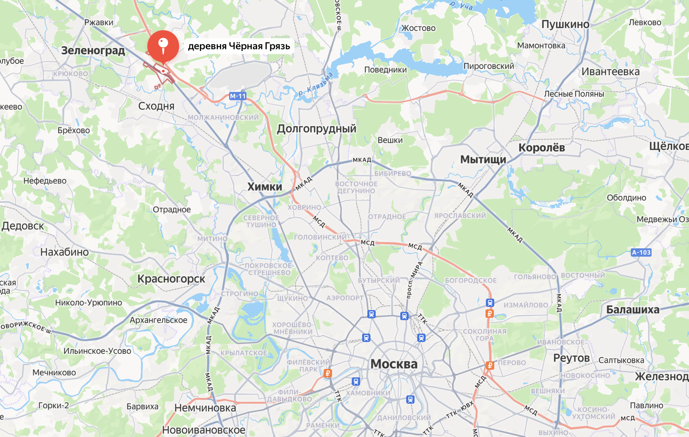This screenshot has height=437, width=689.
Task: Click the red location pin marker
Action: tap(163, 45)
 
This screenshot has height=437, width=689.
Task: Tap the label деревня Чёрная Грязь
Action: tap(239, 46)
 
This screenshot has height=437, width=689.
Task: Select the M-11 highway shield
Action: tap(238, 96)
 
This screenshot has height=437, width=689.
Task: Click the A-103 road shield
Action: tap(641, 252)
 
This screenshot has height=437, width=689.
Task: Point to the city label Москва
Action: tap(394, 364)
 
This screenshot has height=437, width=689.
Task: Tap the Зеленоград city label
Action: tap(93, 51)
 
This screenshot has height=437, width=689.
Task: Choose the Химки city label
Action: tap(265, 187)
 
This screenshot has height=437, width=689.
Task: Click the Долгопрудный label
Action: tap(316, 129)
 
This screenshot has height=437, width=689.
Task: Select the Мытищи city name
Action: tap(483, 160)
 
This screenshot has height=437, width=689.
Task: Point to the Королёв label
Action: tap(542, 148)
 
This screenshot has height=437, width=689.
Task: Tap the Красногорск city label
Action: tap(171, 279)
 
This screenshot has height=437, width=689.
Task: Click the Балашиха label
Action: tap(633, 310)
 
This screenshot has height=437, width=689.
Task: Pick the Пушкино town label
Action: tap(565, 24)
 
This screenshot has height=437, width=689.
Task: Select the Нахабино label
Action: tap(64, 252)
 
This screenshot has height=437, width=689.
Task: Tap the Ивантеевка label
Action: tap(610, 72)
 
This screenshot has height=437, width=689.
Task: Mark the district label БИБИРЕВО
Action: tap(393, 173)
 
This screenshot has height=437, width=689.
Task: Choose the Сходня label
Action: tap(156, 106)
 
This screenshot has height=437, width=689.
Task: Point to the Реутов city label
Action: tap(571, 358)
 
